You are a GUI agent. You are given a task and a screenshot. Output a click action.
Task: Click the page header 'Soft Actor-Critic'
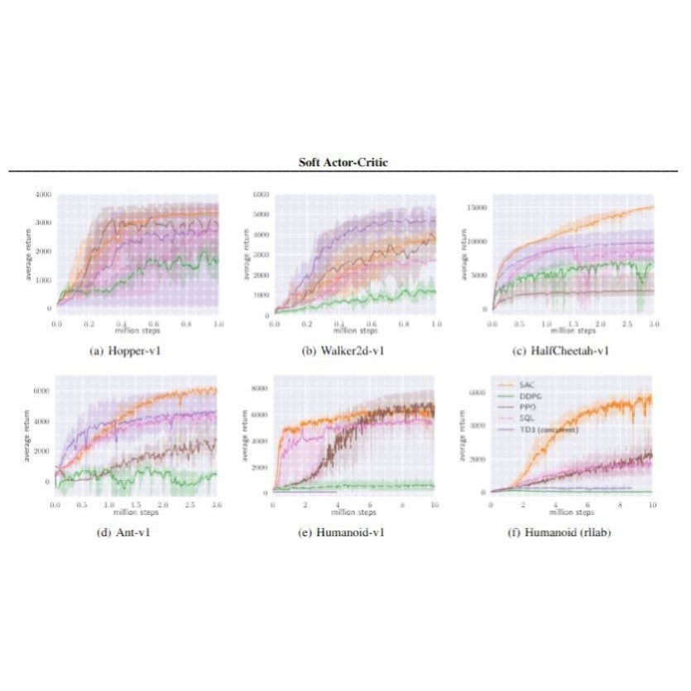[343, 162]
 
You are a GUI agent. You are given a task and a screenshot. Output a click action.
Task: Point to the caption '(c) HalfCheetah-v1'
[562, 350]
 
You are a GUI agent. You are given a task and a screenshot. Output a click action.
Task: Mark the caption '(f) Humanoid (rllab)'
[562, 531]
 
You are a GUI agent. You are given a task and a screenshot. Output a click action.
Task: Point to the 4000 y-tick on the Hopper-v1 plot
[41, 194]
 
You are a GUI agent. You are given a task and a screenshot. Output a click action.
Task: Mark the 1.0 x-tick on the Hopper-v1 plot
[218, 323]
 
